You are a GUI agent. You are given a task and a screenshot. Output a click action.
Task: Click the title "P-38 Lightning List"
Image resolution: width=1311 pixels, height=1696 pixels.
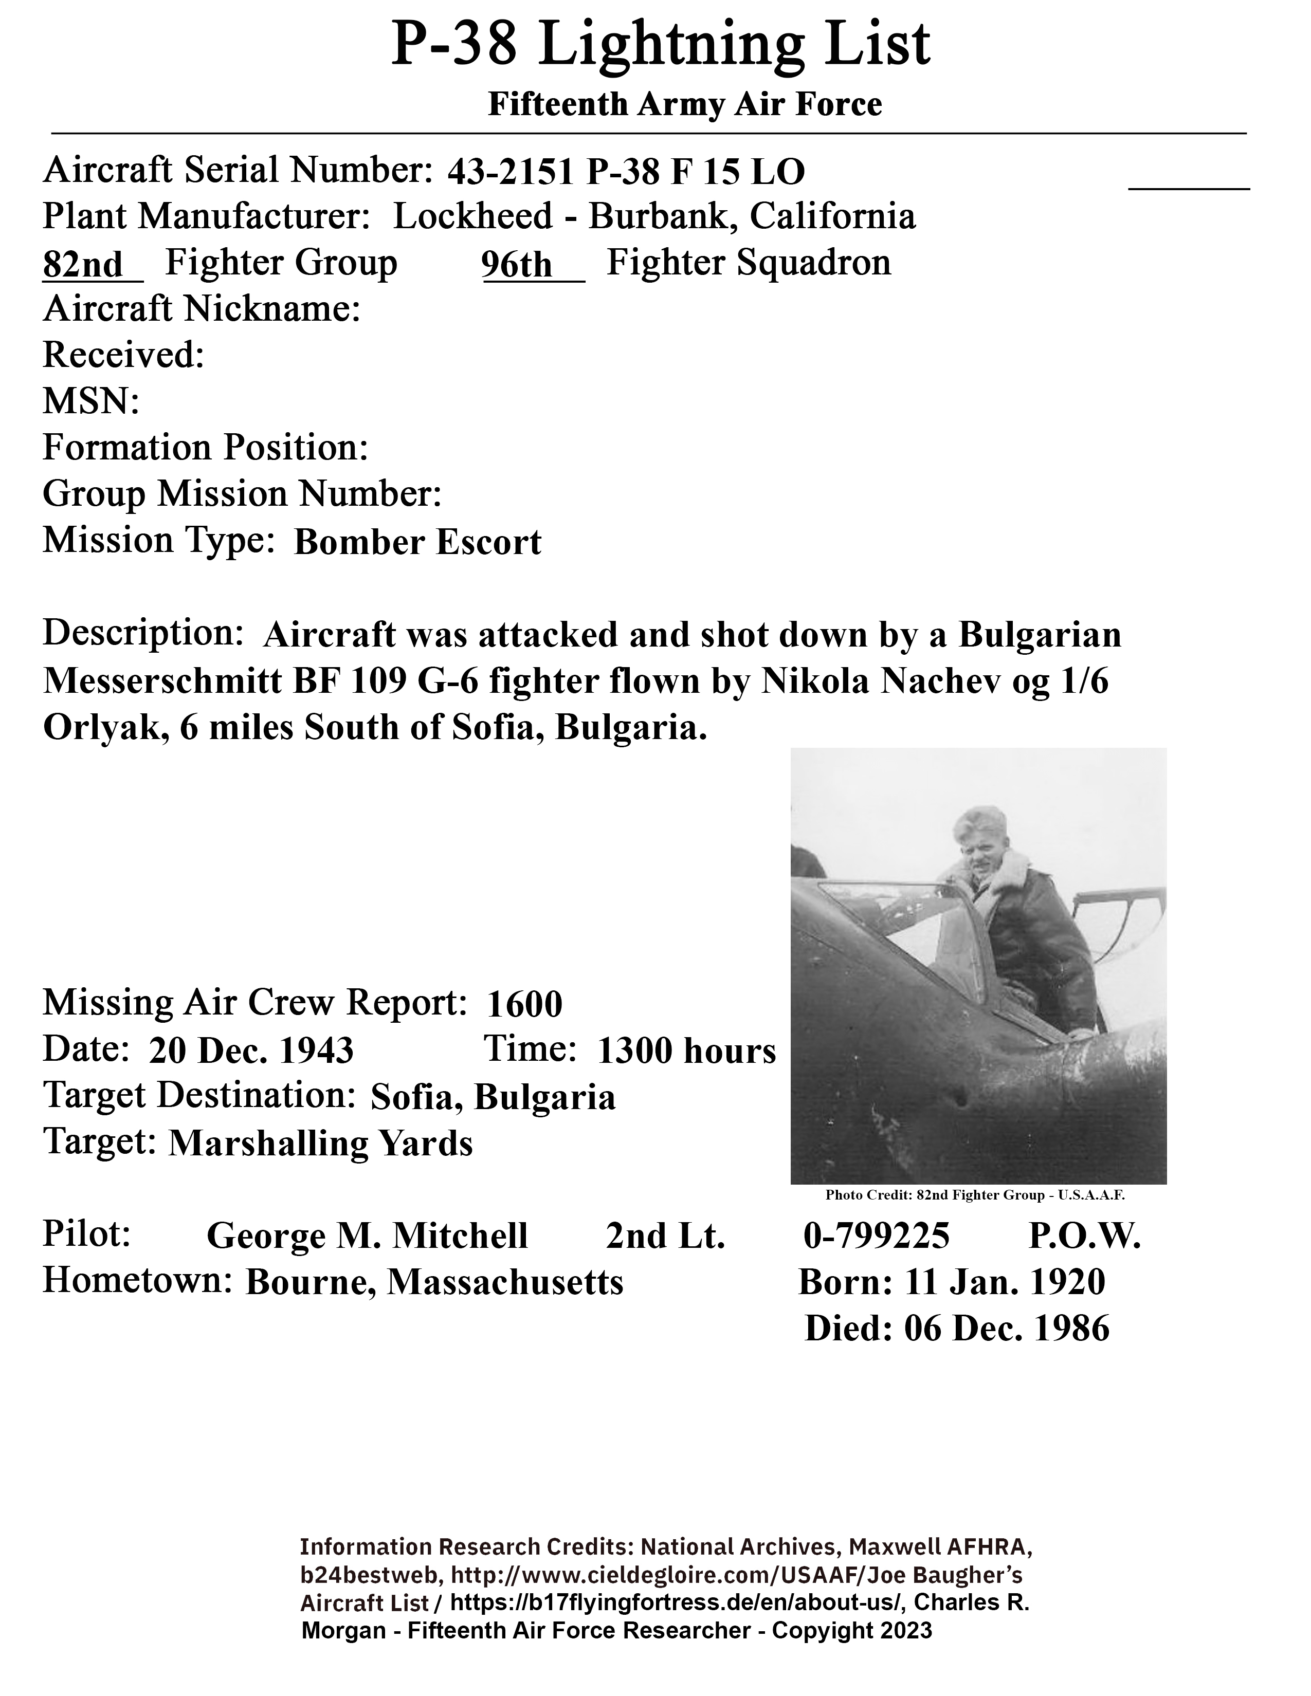coord(660,45)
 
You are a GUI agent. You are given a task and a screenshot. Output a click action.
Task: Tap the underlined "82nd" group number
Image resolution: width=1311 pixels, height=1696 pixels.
coord(83,265)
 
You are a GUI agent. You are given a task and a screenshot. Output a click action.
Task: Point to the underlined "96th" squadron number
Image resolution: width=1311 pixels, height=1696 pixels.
coord(517,265)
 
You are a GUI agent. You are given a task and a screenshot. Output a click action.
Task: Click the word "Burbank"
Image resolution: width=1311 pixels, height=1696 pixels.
coord(657,217)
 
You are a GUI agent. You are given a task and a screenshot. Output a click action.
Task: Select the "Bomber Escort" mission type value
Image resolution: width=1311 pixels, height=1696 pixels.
coord(418,543)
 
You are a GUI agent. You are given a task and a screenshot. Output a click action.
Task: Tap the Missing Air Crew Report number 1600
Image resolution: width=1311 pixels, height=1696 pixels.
coord(524,1005)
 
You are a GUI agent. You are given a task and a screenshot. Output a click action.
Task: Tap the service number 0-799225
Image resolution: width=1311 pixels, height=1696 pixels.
coord(876,1236)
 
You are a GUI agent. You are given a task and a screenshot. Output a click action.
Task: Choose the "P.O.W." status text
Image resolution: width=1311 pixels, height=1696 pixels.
coord(1084,1236)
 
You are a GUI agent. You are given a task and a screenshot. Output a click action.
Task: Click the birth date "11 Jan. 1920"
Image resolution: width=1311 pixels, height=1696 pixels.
coord(1005,1282)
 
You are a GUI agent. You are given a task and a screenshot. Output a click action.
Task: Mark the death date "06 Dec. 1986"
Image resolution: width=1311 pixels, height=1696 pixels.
coord(1007,1329)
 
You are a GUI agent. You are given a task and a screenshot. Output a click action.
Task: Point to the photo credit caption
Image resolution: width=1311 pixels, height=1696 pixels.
coord(975,1195)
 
